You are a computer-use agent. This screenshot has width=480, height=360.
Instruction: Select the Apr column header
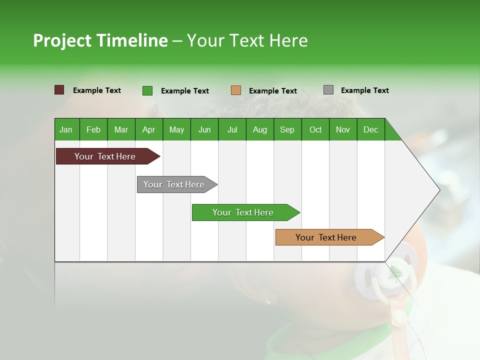(149, 129)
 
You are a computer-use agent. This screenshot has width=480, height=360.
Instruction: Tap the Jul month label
(232, 129)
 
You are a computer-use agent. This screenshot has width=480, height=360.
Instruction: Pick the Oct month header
(315, 129)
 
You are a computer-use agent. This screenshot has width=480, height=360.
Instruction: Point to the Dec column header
(370, 129)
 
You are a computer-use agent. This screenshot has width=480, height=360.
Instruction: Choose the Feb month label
(93, 129)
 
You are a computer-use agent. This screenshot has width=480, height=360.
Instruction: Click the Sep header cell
(287, 129)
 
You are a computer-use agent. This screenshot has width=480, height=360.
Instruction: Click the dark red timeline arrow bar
(108, 156)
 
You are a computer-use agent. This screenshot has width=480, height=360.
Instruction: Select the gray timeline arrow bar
(177, 184)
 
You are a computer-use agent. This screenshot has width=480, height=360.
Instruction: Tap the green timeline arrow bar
(246, 212)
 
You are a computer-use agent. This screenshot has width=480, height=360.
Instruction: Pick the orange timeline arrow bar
(330, 237)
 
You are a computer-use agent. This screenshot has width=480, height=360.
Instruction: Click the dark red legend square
(59, 89)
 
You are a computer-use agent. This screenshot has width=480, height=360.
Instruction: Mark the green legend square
(147, 90)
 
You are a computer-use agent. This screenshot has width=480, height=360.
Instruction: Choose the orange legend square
(235, 90)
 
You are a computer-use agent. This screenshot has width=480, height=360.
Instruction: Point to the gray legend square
(328, 89)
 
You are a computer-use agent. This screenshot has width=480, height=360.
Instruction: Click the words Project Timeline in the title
(100, 40)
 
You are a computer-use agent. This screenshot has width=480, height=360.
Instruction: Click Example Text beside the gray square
(365, 90)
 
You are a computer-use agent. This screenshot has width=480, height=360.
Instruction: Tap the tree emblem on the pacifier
(395, 273)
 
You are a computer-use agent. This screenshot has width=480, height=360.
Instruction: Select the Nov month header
(343, 129)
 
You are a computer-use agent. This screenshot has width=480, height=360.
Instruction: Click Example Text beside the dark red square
(96, 90)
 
